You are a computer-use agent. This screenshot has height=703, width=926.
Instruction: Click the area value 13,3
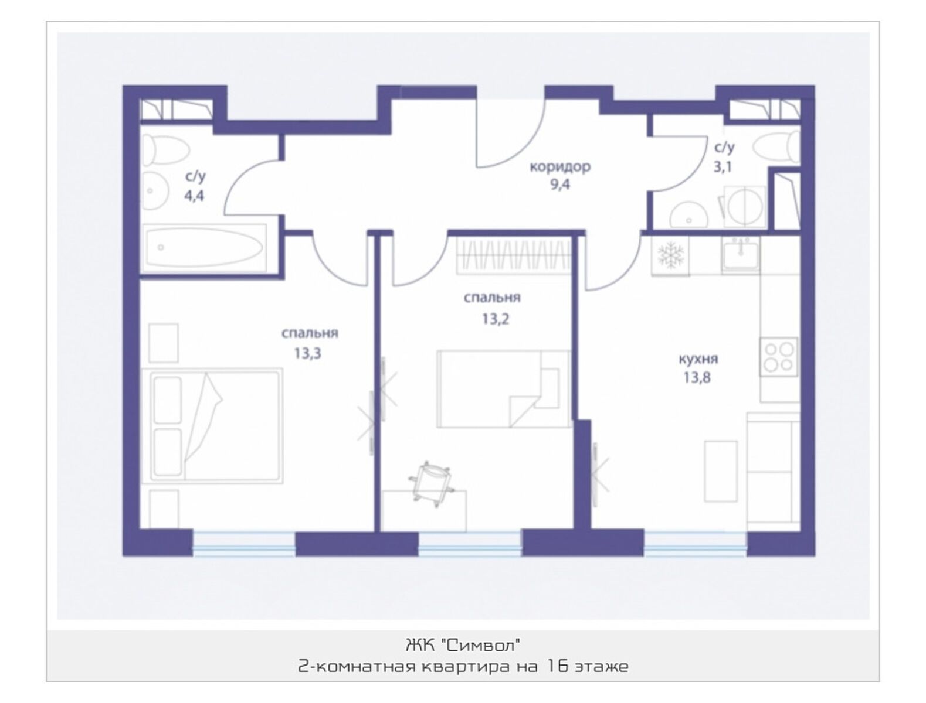pos(307,353)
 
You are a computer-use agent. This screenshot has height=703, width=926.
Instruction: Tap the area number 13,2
pos(496,319)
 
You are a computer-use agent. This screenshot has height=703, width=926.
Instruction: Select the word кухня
pos(698,359)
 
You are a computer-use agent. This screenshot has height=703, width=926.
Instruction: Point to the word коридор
pos(560,167)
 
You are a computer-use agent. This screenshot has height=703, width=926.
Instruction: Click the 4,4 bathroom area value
pos(194,196)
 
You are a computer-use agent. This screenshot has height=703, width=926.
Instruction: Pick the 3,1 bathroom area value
pos(723,167)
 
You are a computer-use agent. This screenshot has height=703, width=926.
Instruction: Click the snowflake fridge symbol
pos(670,256)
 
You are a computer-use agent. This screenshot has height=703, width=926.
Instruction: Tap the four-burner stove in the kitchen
pos(778,357)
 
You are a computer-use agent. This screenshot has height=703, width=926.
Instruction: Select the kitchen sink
pos(740,252)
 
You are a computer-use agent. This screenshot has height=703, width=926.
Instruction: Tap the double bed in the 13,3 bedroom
pos(212,426)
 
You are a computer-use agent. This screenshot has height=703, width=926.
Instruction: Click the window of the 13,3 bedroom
pos(244,543)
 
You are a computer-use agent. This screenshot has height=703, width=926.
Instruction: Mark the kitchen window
pos(696,543)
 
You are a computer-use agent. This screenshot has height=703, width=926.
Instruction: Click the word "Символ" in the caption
pos(481,645)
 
